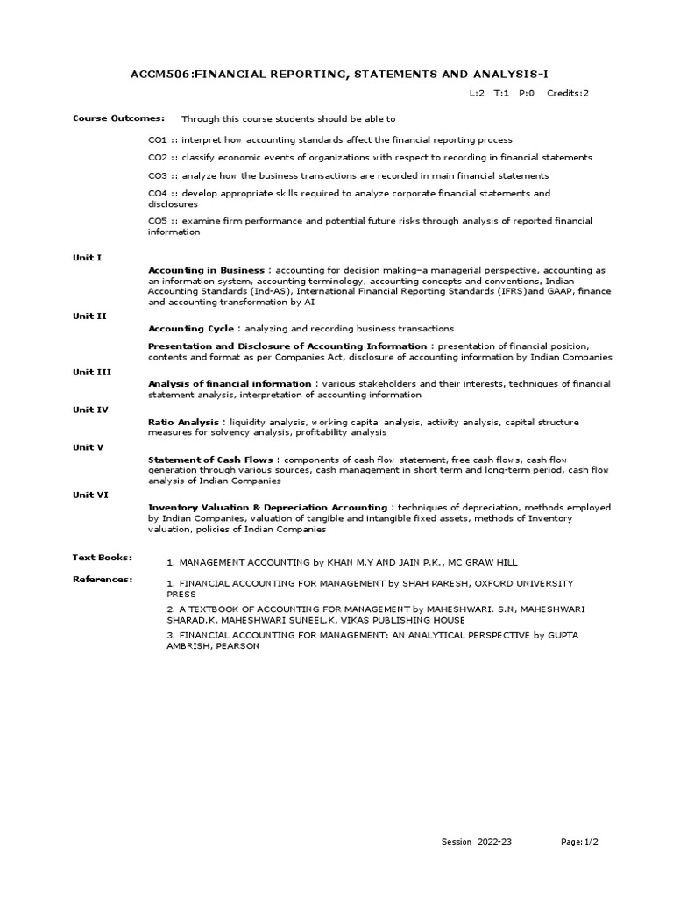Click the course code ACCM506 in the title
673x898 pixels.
point(160,78)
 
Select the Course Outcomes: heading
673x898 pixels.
point(106,118)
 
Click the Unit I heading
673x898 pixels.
point(87,257)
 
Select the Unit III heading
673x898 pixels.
point(91,372)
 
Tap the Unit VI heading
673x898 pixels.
point(89,495)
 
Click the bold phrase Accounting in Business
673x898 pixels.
point(206,270)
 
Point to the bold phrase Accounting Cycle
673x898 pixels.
point(191,329)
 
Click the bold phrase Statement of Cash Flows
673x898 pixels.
point(211,460)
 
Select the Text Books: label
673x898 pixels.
point(102,557)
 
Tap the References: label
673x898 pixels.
point(103,579)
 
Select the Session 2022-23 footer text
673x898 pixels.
point(476,842)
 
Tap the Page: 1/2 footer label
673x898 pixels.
point(580,842)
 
